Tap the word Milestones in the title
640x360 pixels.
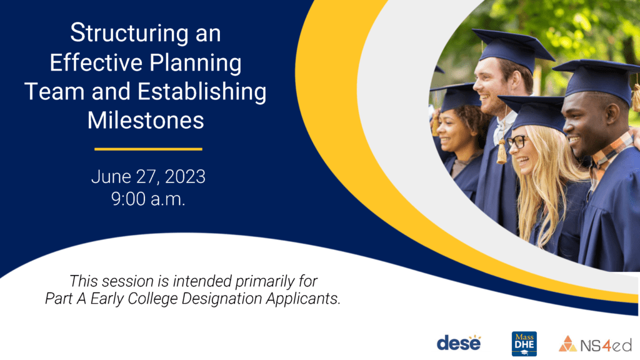pos(146,121)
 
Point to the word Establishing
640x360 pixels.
pos(202,92)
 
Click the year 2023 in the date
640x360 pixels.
pos(185,177)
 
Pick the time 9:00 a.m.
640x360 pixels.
pos(148,199)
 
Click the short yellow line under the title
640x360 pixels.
pos(148,149)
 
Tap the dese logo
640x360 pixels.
pos(459,343)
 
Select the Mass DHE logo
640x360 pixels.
pos(524,344)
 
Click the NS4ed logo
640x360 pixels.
pos(595,344)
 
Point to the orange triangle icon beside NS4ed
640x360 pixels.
pos(567,344)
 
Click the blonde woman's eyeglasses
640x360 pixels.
pos(517,142)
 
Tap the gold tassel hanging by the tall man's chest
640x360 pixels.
pos(502,151)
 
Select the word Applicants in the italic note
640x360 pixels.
pos(303,299)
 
